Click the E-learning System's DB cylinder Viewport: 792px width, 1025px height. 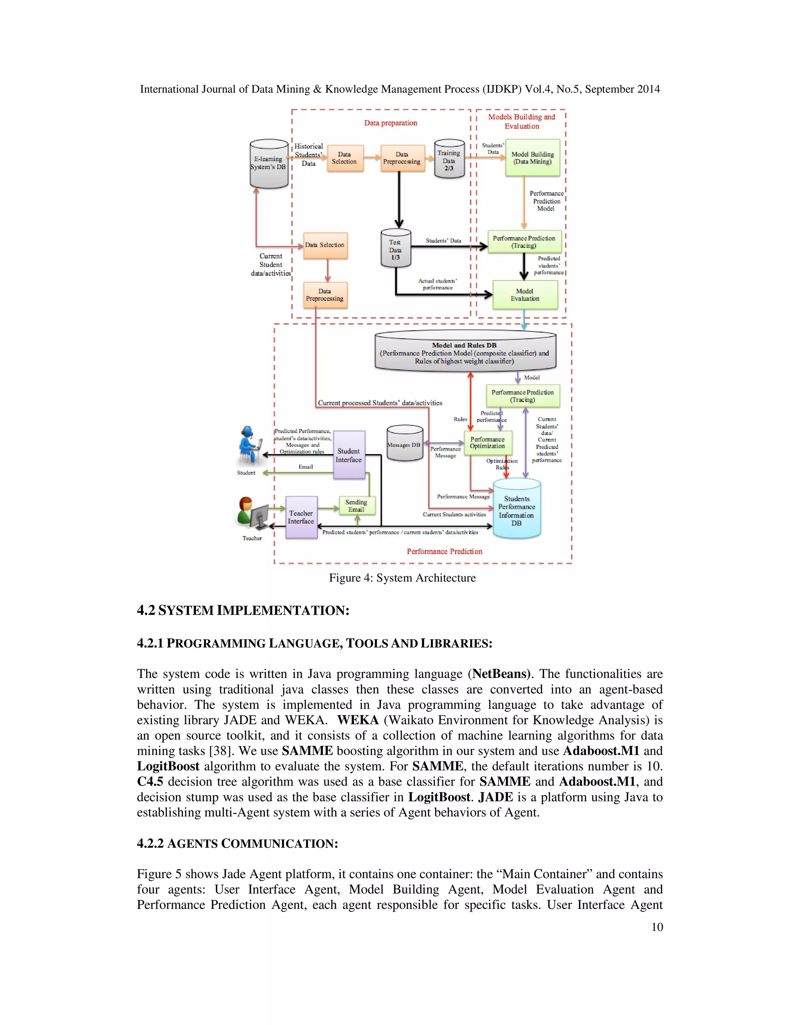[268, 163]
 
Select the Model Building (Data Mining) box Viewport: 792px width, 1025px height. [532, 158]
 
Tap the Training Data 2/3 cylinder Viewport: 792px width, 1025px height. [449, 160]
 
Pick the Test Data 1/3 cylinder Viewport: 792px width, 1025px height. [395, 249]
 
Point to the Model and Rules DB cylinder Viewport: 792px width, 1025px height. [465, 352]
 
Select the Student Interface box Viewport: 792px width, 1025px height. [348, 455]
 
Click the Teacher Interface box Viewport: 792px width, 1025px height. [301, 517]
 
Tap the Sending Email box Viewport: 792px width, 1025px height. [357, 506]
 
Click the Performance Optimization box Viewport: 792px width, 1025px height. [488, 442]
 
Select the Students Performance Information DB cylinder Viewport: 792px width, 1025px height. [517, 510]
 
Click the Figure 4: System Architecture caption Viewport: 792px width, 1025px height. [402, 578]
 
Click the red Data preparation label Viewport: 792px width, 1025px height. [390, 123]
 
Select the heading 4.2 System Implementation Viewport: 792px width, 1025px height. [243, 611]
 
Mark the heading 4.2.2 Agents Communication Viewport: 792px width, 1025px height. [237, 843]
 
